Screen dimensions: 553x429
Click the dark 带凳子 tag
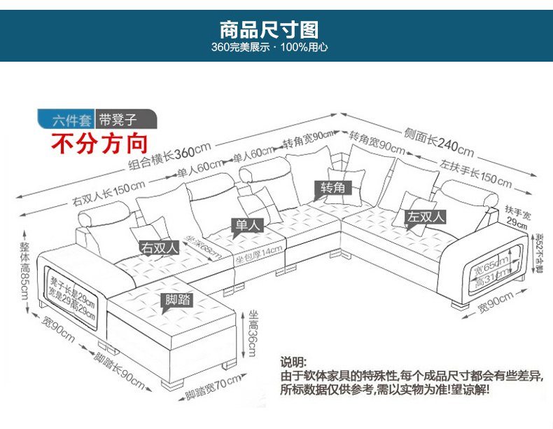(118, 120)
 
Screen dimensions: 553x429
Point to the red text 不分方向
(101, 144)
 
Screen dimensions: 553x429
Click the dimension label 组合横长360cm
(169, 159)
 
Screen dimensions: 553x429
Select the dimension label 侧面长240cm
(438, 142)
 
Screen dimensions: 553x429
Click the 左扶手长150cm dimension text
(476, 173)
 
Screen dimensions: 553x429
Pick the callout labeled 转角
(333, 188)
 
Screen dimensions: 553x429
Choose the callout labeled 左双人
(428, 217)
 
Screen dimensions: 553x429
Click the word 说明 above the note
(293, 362)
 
